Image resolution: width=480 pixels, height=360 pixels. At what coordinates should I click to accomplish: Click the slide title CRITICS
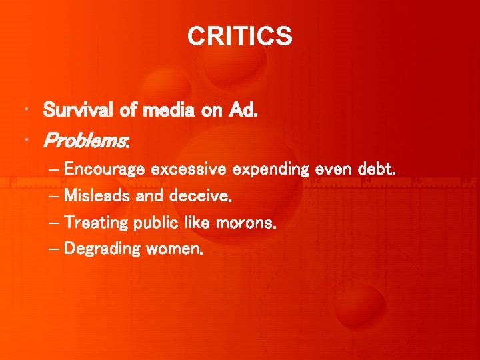(239, 36)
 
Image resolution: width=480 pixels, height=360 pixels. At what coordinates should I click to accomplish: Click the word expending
(270, 171)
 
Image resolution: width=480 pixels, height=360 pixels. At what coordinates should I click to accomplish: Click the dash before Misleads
(53, 197)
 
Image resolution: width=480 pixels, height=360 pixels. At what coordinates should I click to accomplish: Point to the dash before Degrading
(53, 250)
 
